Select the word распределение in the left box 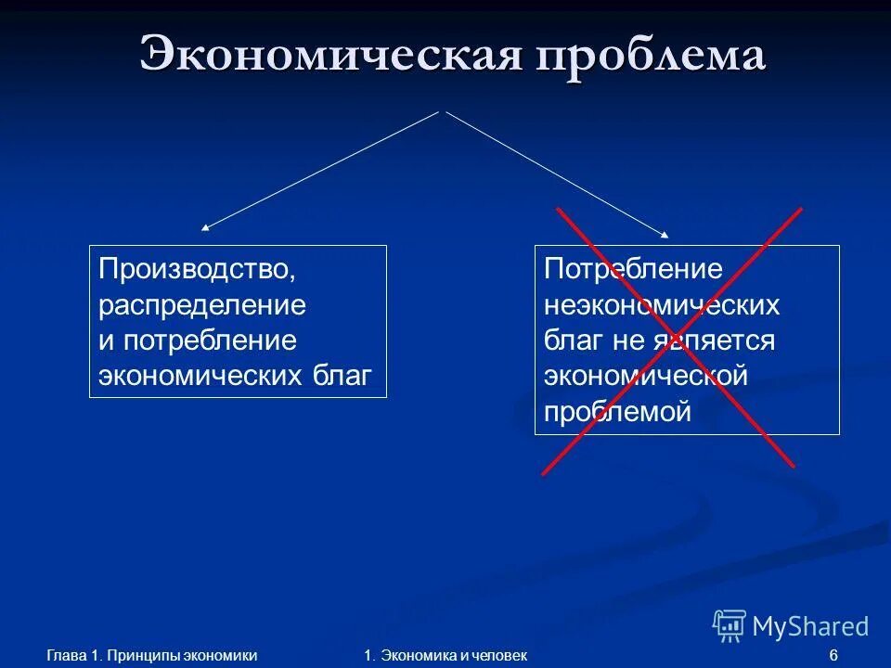click(202, 305)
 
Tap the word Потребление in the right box click(633, 270)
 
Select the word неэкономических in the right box click(662, 305)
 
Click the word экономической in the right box click(646, 376)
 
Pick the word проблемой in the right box click(617, 411)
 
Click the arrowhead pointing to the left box click(206, 226)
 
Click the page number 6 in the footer click(833, 656)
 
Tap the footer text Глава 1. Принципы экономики click(151, 656)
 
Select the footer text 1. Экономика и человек click(445, 656)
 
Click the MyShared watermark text click(810, 627)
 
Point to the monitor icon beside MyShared click(730, 626)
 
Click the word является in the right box click(719, 340)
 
